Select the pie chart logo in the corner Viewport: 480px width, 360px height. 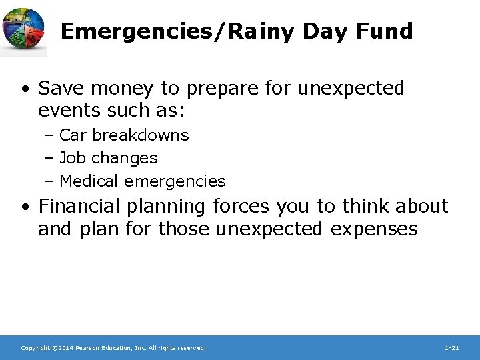coord(23,30)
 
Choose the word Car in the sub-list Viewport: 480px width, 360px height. coord(74,135)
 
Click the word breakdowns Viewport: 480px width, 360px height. coord(141,135)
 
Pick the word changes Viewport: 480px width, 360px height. coord(125,158)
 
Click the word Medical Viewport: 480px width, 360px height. coord(89,181)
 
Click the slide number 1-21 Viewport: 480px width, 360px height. coord(451,348)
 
